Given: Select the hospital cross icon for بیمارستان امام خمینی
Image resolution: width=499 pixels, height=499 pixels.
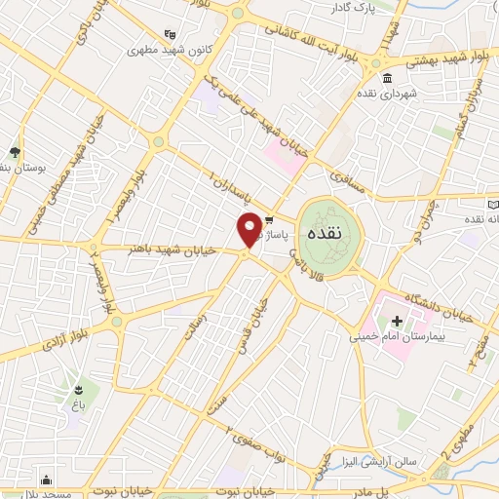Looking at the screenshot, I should (397, 321).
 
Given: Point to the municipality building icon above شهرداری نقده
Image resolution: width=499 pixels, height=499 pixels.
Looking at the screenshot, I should (387, 78).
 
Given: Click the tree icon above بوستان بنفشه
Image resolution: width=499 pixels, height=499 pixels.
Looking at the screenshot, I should (14, 152).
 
